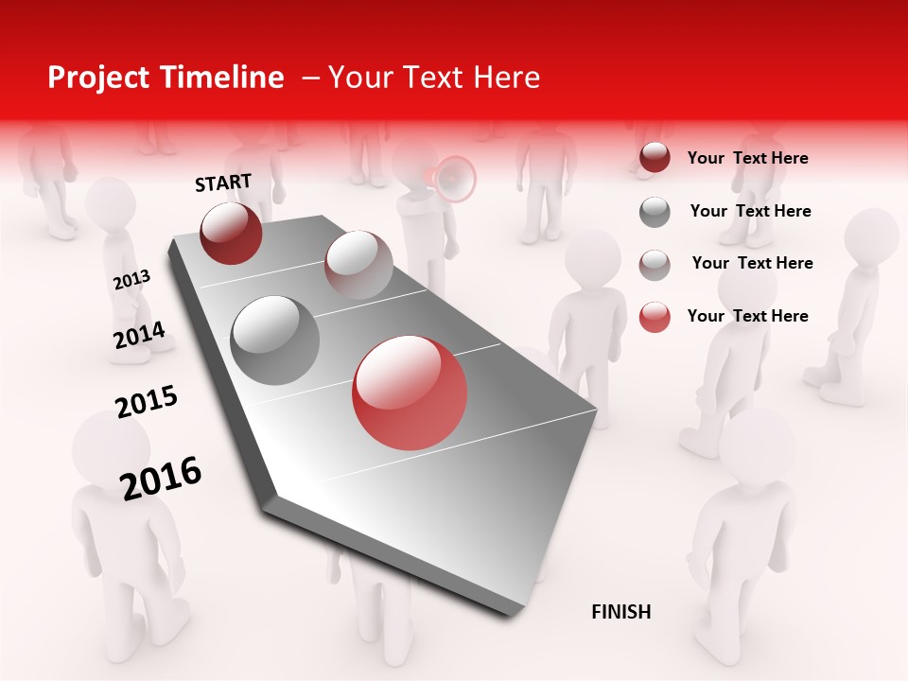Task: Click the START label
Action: [x=223, y=183]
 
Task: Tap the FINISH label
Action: [x=620, y=612]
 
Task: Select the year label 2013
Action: [x=131, y=280]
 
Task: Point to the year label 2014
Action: [x=139, y=335]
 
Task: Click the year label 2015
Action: [x=147, y=402]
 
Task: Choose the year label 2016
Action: [x=161, y=478]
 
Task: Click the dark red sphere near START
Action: [x=231, y=234]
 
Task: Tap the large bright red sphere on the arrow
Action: [x=410, y=393]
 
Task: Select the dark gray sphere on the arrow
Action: [x=275, y=340]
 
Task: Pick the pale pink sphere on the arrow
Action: [x=358, y=265]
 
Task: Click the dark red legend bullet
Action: [x=655, y=158]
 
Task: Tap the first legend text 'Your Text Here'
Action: [x=747, y=158]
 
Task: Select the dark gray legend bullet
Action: [x=655, y=212]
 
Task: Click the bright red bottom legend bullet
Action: [x=655, y=317]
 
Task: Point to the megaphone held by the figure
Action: [x=453, y=179]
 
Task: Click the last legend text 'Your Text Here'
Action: [x=747, y=316]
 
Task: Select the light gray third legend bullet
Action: [x=655, y=265]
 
